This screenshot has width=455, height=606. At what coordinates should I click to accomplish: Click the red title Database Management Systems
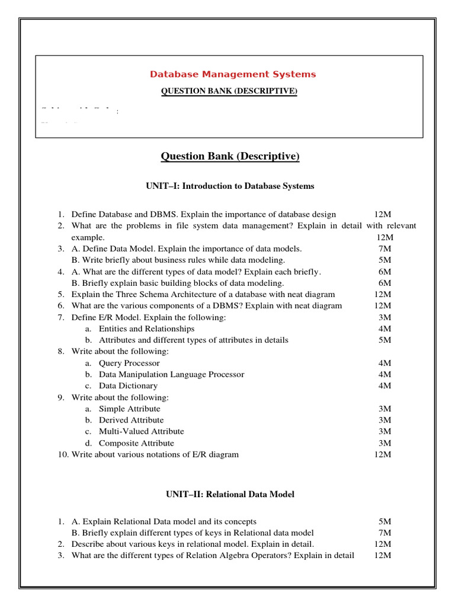[232, 74]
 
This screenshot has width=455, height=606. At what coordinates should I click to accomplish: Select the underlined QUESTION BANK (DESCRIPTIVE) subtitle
[230, 91]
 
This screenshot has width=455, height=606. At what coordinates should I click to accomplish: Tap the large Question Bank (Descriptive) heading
[230, 156]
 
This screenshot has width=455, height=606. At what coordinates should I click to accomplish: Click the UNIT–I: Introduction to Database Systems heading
[230, 186]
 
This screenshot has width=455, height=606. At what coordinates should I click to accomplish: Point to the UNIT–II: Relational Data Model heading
[230, 494]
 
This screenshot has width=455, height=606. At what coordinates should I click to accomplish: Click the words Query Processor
[129, 363]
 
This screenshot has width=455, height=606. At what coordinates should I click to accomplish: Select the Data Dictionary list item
[128, 385]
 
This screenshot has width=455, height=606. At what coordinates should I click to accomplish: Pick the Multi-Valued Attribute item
[141, 431]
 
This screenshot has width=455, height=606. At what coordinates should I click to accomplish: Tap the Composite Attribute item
[136, 443]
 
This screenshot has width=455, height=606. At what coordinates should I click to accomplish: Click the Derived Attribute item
[131, 420]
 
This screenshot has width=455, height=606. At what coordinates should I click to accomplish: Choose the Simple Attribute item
[129, 408]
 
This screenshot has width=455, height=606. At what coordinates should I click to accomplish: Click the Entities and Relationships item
[146, 328]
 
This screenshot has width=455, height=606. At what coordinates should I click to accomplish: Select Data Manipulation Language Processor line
[171, 374]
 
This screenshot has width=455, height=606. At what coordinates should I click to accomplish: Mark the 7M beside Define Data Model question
[384, 249]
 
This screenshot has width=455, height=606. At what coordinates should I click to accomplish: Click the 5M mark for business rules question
[384, 260]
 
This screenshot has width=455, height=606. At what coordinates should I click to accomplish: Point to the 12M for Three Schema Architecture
[383, 294]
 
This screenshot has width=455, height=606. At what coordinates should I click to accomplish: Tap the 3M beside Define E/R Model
[384, 317]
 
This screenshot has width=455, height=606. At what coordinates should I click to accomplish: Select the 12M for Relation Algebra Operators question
[383, 555]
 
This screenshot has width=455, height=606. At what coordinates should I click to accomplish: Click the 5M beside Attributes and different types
[384, 340]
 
